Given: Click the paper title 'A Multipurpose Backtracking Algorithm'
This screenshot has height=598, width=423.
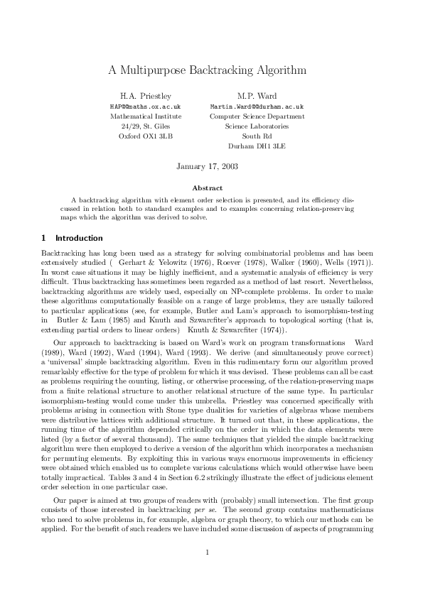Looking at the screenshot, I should coord(207,70).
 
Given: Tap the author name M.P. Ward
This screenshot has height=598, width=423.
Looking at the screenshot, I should coord(257,95).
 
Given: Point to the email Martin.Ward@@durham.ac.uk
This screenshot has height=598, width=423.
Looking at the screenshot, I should coord(257,106).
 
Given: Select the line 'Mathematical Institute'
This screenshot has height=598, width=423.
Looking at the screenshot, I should coord(146,116).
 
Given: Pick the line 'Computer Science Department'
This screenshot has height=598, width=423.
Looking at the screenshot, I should coord(257,116).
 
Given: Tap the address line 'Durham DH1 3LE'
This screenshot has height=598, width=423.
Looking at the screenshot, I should coord(257,145).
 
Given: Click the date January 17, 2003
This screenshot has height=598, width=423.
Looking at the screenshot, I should coord(207,166).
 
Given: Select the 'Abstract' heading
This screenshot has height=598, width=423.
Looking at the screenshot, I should coord(207,187).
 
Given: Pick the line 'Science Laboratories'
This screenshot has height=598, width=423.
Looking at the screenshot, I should coord(257,126).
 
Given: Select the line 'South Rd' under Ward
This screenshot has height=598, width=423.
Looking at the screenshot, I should coord(257,135).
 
